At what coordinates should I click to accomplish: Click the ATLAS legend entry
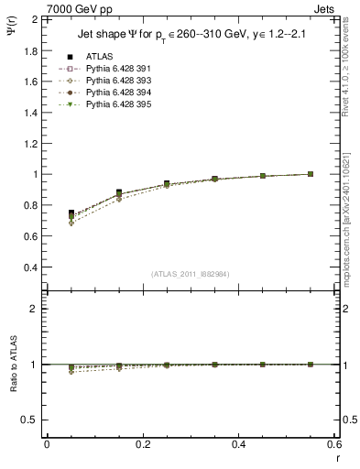pyautogui.click(x=99, y=57)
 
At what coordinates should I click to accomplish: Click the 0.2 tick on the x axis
pyautogui.click(x=142, y=445)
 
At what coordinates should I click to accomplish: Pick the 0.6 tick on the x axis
pyautogui.click(x=334, y=445)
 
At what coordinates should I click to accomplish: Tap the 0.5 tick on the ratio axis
pyautogui.click(x=29, y=420)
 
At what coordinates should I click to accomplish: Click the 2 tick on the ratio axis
pyautogui.click(x=33, y=309)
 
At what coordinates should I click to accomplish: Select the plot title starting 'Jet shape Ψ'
pyautogui.click(x=190, y=37)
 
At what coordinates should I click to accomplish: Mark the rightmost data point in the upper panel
pyautogui.click(x=311, y=174)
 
